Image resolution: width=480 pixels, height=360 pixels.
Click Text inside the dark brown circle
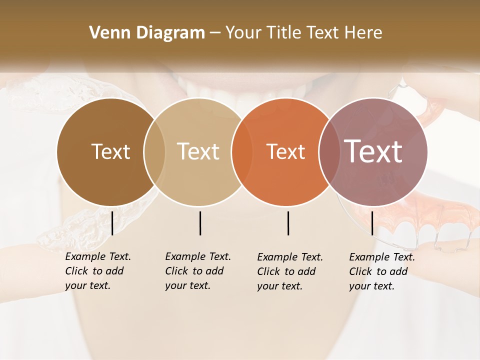(x=110, y=151)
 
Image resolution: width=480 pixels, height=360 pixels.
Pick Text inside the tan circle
(x=198, y=151)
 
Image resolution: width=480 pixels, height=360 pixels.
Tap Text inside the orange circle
(x=285, y=151)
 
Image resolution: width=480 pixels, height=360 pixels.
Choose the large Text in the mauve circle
(x=373, y=151)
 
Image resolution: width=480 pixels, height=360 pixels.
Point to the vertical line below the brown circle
(x=112, y=223)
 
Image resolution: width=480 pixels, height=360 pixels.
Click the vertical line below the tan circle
(x=200, y=223)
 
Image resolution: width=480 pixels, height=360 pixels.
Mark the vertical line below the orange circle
(x=288, y=223)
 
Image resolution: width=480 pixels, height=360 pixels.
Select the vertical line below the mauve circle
(x=372, y=223)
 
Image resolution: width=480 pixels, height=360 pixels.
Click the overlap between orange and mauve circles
(x=327, y=152)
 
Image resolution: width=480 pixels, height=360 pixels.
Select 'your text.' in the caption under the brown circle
(x=87, y=285)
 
